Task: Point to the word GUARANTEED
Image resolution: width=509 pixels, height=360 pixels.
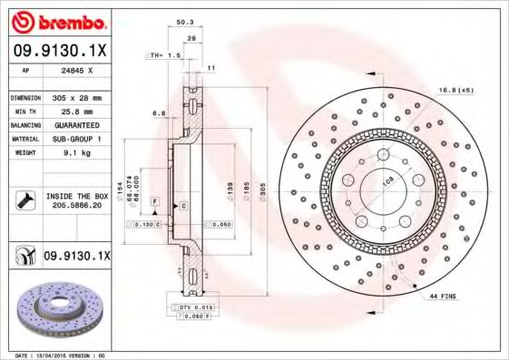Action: pyautogui.click(x=75, y=124)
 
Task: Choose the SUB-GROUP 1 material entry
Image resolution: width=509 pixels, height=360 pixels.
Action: pyautogui.click(x=75, y=139)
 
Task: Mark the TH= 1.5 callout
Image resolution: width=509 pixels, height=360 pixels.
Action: pyautogui.click(x=164, y=55)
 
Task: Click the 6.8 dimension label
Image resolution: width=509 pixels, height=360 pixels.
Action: pyautogui.click(x=158, y=114)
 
